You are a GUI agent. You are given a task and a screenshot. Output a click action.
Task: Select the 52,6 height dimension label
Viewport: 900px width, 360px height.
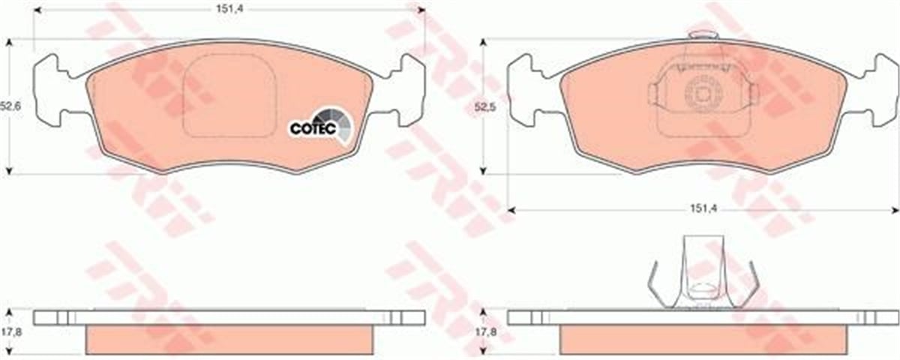(x=10, y=106)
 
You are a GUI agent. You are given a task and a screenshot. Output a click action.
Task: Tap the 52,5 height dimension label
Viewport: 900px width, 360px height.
(x=485, y=107)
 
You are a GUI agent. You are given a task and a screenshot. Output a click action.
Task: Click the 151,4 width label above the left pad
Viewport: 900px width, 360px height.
(x=230, y=9)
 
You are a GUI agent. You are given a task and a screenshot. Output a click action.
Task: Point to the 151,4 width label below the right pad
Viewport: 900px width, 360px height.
(x=703, y=209)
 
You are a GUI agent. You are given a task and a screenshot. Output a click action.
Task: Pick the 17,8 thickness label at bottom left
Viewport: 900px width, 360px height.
(x=11, y=332)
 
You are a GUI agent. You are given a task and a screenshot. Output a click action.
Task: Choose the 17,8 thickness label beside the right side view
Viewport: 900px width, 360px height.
(x=486, y=332)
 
